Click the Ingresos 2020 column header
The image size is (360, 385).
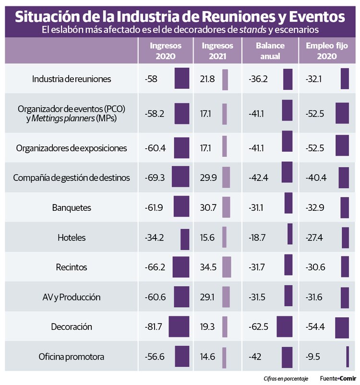[166, 51]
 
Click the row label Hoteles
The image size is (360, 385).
[72, 238]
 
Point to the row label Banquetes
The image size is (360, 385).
[72, 208]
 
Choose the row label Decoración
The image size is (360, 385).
[72, 327]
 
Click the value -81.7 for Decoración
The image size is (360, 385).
[154, 327]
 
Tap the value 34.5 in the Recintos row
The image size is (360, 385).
[209, 267]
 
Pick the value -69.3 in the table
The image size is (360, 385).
[155, 178]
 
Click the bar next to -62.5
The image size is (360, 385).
[284, 327]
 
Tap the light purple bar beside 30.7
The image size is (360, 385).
[226, 208]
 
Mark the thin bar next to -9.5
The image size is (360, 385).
[347, 357]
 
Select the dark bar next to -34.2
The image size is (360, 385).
[185, 239]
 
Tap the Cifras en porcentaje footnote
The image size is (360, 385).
[286, 378]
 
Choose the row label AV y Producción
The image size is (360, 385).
[72, 297]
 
